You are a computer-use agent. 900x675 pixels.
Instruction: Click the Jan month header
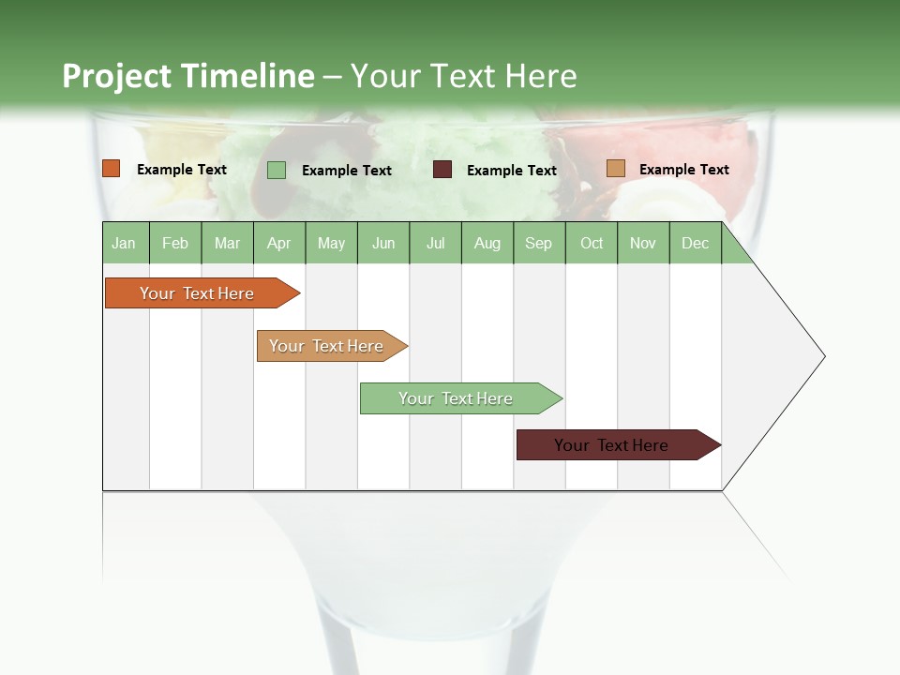point(124,243)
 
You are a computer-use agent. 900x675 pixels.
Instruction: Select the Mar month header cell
point(227,243)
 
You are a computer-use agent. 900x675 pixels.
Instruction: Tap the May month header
point(331,243)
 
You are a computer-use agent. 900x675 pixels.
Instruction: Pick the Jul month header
point(435,243)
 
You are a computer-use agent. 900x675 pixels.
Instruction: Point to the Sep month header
point(538,243)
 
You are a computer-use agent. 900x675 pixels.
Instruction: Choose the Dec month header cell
point(695,243)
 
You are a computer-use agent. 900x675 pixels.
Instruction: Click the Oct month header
point(592,243)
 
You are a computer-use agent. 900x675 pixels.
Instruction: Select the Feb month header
point(175,243)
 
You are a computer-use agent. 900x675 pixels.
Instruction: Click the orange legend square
point(112,169)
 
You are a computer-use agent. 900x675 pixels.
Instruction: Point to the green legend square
point(277,170)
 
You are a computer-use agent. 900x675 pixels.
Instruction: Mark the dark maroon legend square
point(442,170)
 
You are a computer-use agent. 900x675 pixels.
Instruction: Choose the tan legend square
point(615,169)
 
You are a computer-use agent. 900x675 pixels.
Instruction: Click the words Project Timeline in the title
point(187,76)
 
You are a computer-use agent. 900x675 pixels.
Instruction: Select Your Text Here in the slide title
point(463,76)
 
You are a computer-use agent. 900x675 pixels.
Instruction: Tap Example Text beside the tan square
point(683,170)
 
